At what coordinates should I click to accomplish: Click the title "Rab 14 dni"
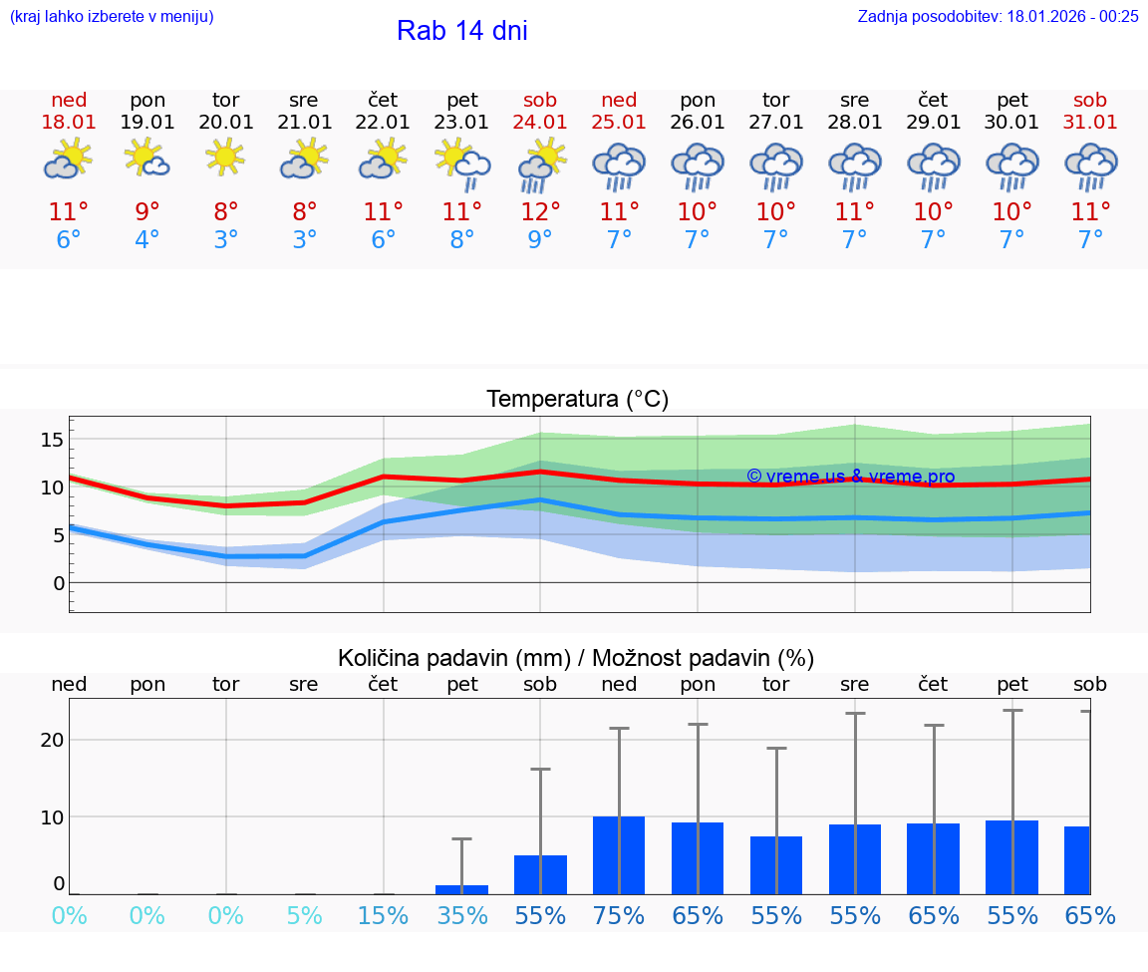[461, 31]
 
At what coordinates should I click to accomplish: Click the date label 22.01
[383, 122]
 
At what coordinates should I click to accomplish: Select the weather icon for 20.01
[226, 159]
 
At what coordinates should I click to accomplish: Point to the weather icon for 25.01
[619, 164]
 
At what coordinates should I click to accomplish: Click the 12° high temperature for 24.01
[540, 211]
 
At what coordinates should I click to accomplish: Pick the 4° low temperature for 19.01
[147, 240]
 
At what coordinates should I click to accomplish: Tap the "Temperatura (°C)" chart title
[577, 400]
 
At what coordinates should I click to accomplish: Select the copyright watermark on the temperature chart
[850, 477]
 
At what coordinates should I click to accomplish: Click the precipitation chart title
[576, 658]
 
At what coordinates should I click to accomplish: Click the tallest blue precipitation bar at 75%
[619, 855]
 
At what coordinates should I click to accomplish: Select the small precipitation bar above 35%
[461, 889]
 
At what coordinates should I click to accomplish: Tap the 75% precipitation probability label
[619, 916]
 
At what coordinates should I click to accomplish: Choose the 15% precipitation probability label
[383, 916]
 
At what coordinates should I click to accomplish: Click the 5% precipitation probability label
[304, 916]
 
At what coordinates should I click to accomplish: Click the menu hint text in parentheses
[112, 16]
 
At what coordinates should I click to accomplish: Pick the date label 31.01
[1090, 122]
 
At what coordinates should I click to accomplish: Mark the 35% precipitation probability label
[461, 916]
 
